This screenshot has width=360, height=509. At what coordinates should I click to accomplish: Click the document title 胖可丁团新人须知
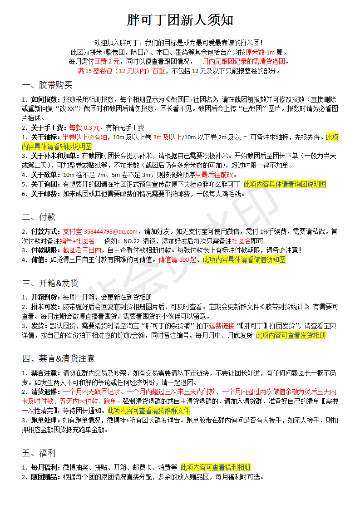click(x=180, y=20)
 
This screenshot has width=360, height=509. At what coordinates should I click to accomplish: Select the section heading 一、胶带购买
click(x=47, y=85)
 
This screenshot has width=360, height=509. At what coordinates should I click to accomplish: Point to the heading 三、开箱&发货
click(x=50, y=283)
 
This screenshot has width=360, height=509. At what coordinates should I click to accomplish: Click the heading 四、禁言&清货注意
click(x=58, y=358)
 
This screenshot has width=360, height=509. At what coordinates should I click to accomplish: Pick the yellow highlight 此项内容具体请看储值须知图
click(x=244, y=259)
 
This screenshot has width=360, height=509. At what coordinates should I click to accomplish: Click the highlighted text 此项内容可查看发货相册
click(x=291, y=335)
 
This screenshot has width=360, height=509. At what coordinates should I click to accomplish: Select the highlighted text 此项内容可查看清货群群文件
click(x=148, y=411)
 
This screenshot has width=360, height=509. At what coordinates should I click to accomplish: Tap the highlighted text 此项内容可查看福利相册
click(x=215, y=467)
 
